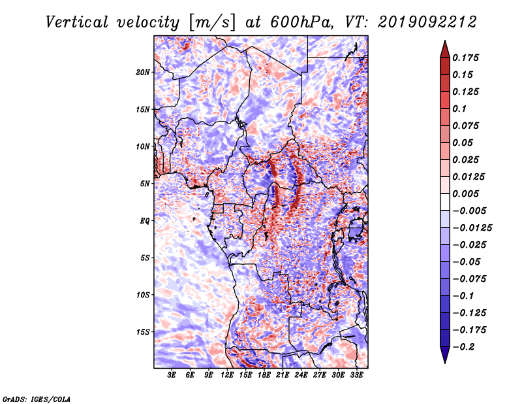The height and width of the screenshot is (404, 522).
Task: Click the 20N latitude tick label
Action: pyautogui.click(x=143, y=72)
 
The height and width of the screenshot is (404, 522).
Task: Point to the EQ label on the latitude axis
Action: pyautogui.click(x=145, y=220)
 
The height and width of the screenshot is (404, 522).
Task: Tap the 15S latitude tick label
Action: pyautogui.click(x=143, y=332)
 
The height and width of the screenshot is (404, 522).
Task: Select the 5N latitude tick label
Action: pyautogui.click(x=145, y=184)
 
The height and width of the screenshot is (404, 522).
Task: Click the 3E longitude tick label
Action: pyautogui.click(x=172, y=375)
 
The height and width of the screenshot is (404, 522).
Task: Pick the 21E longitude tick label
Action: pyautogui.click(x=283, y=375)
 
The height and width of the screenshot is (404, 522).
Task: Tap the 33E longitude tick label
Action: pyautogui.click(x=356, y=375)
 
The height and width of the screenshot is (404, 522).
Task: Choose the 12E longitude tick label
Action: pyautogui.click(x=226, y=375)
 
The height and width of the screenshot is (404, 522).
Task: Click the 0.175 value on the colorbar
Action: pyautogui.click(x=465, y=58)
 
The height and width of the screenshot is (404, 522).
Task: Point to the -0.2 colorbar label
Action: pyautogui.click(x=463, y=347)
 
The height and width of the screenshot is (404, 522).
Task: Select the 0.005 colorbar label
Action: pyautogui.click(x=465, y=194)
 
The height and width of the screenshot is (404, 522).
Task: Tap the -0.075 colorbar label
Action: pyautogui.click(x=469, y=279)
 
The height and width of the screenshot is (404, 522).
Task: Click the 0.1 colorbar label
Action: pyautogui.click(x=459, y=109)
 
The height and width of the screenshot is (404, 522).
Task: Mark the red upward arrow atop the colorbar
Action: pyautogui.click(x=445, y=49)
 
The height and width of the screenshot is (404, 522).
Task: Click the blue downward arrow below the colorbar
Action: pyautogui.click(x=445, y=355)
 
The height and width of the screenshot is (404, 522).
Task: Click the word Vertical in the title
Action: pyautogui.click(x=77, y=22)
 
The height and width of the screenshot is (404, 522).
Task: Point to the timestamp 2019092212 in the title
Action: pyautogui.click(x=427, y=22)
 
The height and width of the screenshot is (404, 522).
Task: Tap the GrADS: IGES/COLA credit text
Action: pyautogui.click(x=37, y=399)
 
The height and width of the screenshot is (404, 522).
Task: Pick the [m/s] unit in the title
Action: pyautogui.click(x=213, y=23)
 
